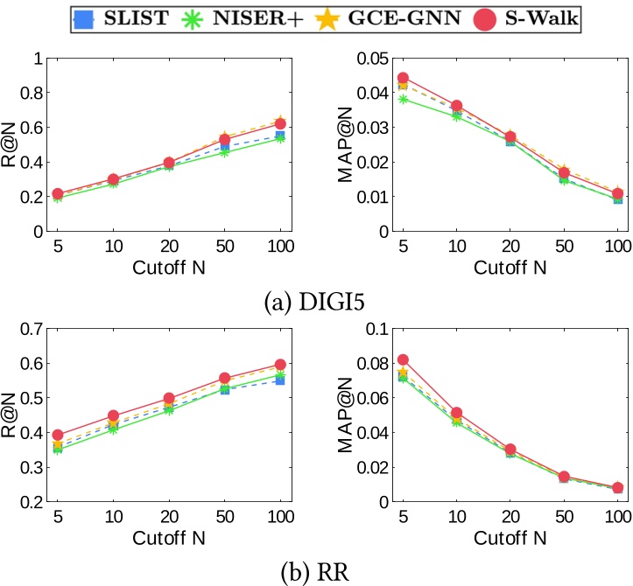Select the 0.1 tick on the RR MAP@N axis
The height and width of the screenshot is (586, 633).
pos(375,329)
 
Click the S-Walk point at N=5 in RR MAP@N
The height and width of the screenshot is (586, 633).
pos(403,359)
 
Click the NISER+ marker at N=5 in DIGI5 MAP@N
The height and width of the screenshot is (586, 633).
pos(403,99)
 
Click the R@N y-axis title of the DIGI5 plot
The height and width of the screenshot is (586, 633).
pos(11,145)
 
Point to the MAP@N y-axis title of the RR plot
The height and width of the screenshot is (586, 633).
pos(348,415)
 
